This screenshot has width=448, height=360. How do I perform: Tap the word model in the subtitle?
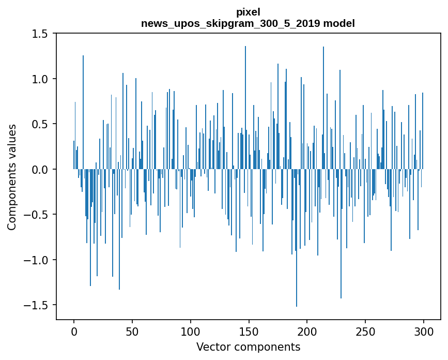click(x=343, y=23)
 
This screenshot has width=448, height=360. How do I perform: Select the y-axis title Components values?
click(x=12, y=177)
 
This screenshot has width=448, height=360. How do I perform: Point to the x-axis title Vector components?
click(x=248, y=347)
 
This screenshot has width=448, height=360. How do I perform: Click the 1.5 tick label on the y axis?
click(x=39, y=34)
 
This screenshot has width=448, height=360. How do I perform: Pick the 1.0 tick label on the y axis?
click(x=39, y=79)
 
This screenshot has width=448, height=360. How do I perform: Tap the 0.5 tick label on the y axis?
click(x=39, y=124)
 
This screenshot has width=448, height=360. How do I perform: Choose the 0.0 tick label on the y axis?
click(x=39, y=169)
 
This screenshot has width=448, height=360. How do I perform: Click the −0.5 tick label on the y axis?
click(x=36, y=215)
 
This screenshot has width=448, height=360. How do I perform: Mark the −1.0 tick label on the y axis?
click(x=36, y=260)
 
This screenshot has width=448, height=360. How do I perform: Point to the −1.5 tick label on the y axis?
click(x=36, y=305)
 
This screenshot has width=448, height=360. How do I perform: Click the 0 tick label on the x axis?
click(x=74, y=331)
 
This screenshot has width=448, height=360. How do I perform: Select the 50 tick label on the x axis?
click(x=132, y=331)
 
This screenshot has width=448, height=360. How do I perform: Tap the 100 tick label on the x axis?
click(x=190, y=331)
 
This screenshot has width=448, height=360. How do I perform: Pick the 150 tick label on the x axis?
click(x=249, y=331)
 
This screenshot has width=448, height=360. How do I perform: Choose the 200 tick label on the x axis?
click(x=307, y=331)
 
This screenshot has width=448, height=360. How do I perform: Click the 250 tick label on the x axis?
click(x=365, y=331)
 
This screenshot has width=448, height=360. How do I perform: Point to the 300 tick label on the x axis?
click(x=424, y=331)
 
